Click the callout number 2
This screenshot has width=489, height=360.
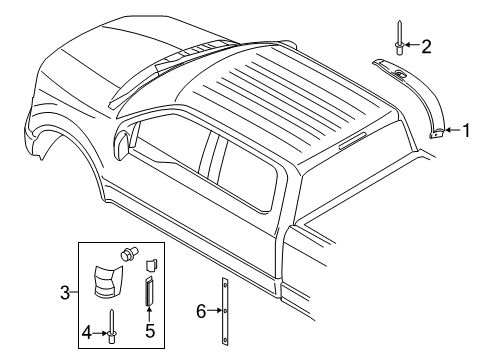click(426, 45)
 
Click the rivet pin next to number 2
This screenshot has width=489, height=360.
click(399, 40)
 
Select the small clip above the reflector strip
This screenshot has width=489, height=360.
click(153, 264)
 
